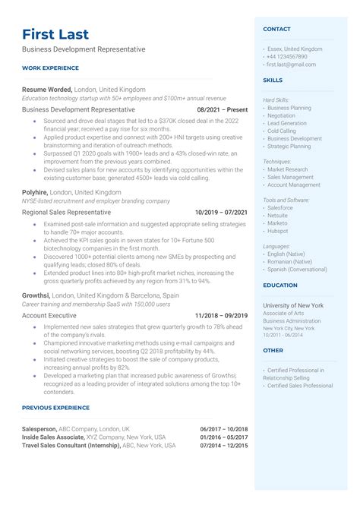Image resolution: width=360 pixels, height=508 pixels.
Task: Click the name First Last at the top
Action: (55, 34)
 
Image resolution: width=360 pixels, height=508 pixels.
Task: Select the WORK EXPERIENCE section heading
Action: (50, 68)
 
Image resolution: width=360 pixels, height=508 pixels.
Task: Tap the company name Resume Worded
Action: (47, 89)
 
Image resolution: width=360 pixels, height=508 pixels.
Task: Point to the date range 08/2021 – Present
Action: (221, 109)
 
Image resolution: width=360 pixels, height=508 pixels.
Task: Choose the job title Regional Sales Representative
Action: (66, 213)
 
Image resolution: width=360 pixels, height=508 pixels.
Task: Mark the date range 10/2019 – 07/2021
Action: (221, 213)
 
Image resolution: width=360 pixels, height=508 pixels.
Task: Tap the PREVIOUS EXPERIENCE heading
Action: (56, 408)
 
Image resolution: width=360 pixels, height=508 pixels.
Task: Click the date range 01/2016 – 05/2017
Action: (224, 437)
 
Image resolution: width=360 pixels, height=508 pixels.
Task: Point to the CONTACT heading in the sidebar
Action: (276, 29)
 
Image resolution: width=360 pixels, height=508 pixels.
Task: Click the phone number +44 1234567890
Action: (286, 56)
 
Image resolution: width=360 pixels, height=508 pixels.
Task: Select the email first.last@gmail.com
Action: (291, 65)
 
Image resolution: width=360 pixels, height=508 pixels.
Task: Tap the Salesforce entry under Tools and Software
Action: (280, 207)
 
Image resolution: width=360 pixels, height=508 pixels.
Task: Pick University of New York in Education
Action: (293, 304)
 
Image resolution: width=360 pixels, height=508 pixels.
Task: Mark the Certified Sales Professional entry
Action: (300, 386)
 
